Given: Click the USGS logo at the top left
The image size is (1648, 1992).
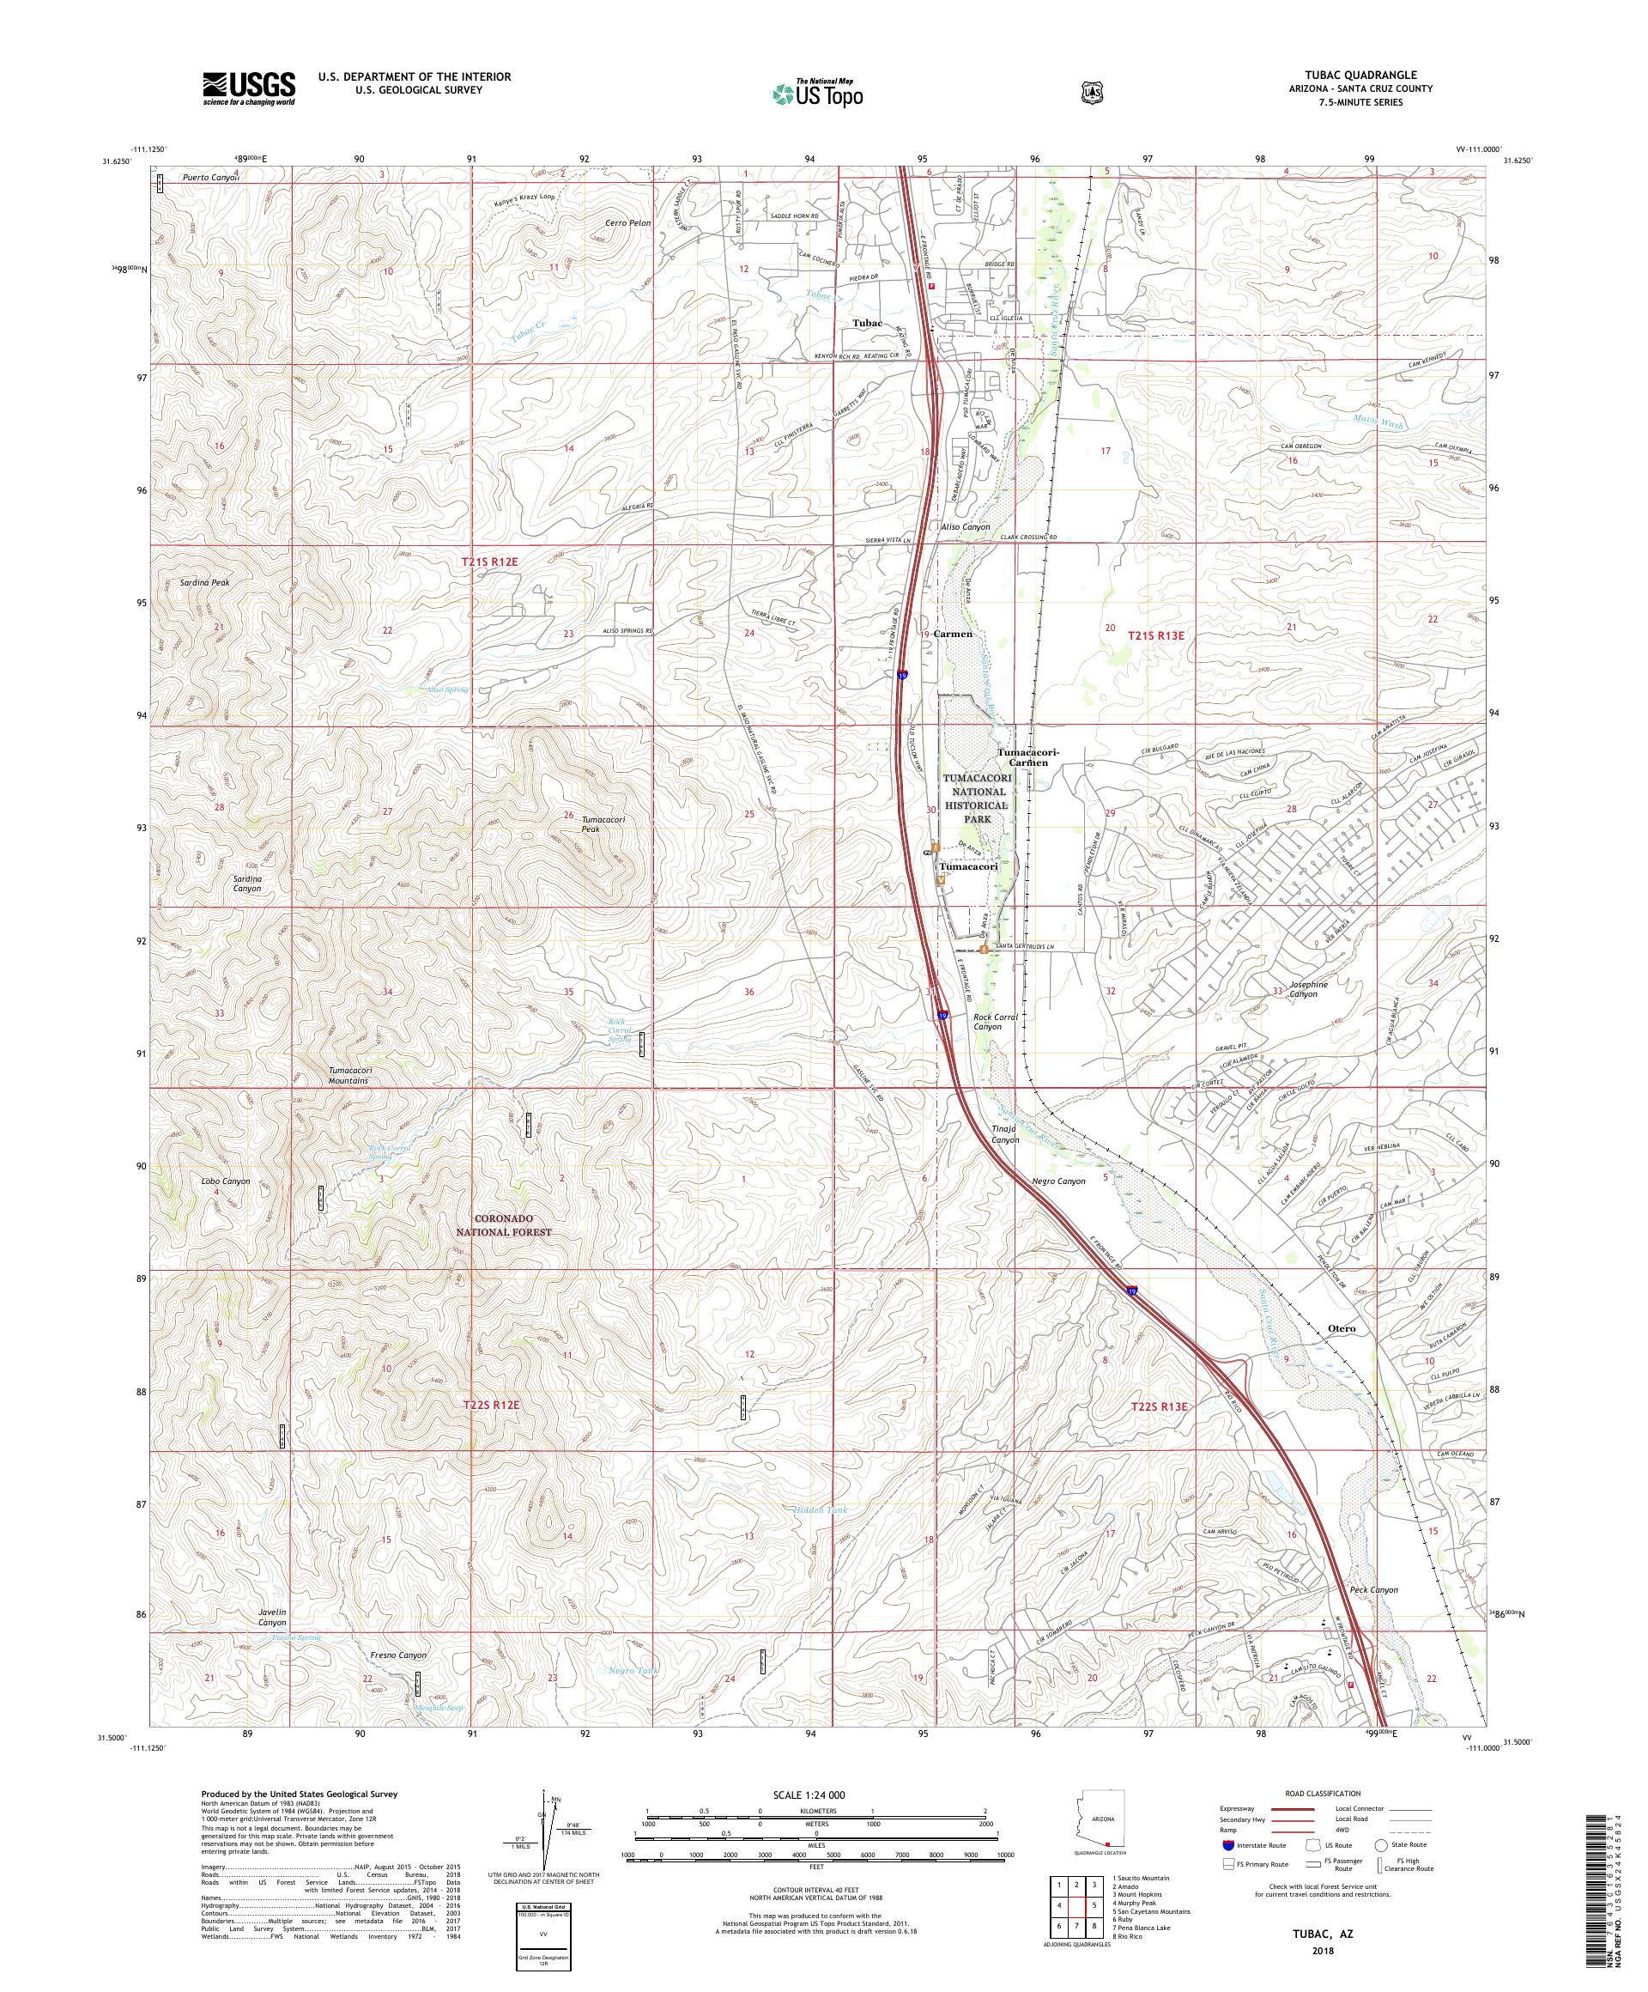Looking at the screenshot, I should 248,89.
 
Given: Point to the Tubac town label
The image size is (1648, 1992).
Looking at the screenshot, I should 867,324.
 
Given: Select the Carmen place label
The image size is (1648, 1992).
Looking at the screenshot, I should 953,634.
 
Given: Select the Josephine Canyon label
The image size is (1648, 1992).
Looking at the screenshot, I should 1306,988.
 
